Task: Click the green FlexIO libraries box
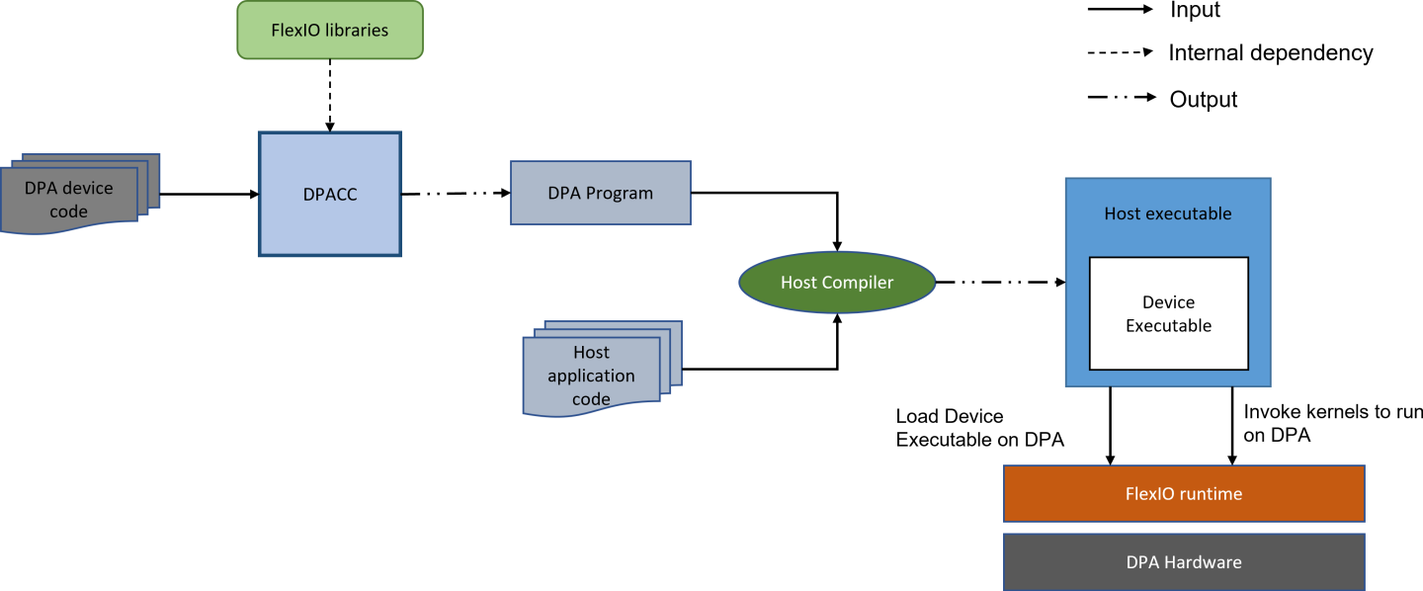pyautogui.click(x=330, y=30)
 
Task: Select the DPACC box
pyautogui.click(x=330, y=195)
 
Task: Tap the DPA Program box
pyautogui.click(x=600, y=193)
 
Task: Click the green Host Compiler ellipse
pyautogui.click(x=837, y=283)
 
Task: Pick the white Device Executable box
pyautogui.click(x=1168, y=313)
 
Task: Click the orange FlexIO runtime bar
pyautogui.click(x=1183, y=493)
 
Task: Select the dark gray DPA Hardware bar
pyautogui.click(x=1183, y=562)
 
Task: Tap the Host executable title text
pyautogui.click(x=1168, y=213)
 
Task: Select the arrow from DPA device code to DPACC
pyautogui.click(x=209, y=195)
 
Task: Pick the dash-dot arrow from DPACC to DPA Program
pyautogui.click(x=455, y=194)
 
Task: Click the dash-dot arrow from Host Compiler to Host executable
pyautogui.click(x=1000, y=283)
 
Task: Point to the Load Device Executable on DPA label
pyautogui.click(x=979, y=428)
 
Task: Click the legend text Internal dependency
pyautogui.click(x=1270, y=53)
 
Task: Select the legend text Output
pyautogui.click(x=1203, y=99)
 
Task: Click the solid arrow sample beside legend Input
pyautogui.click(x=1120, y=9)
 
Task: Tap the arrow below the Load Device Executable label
pyautogui.click(x=1111, y=425)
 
